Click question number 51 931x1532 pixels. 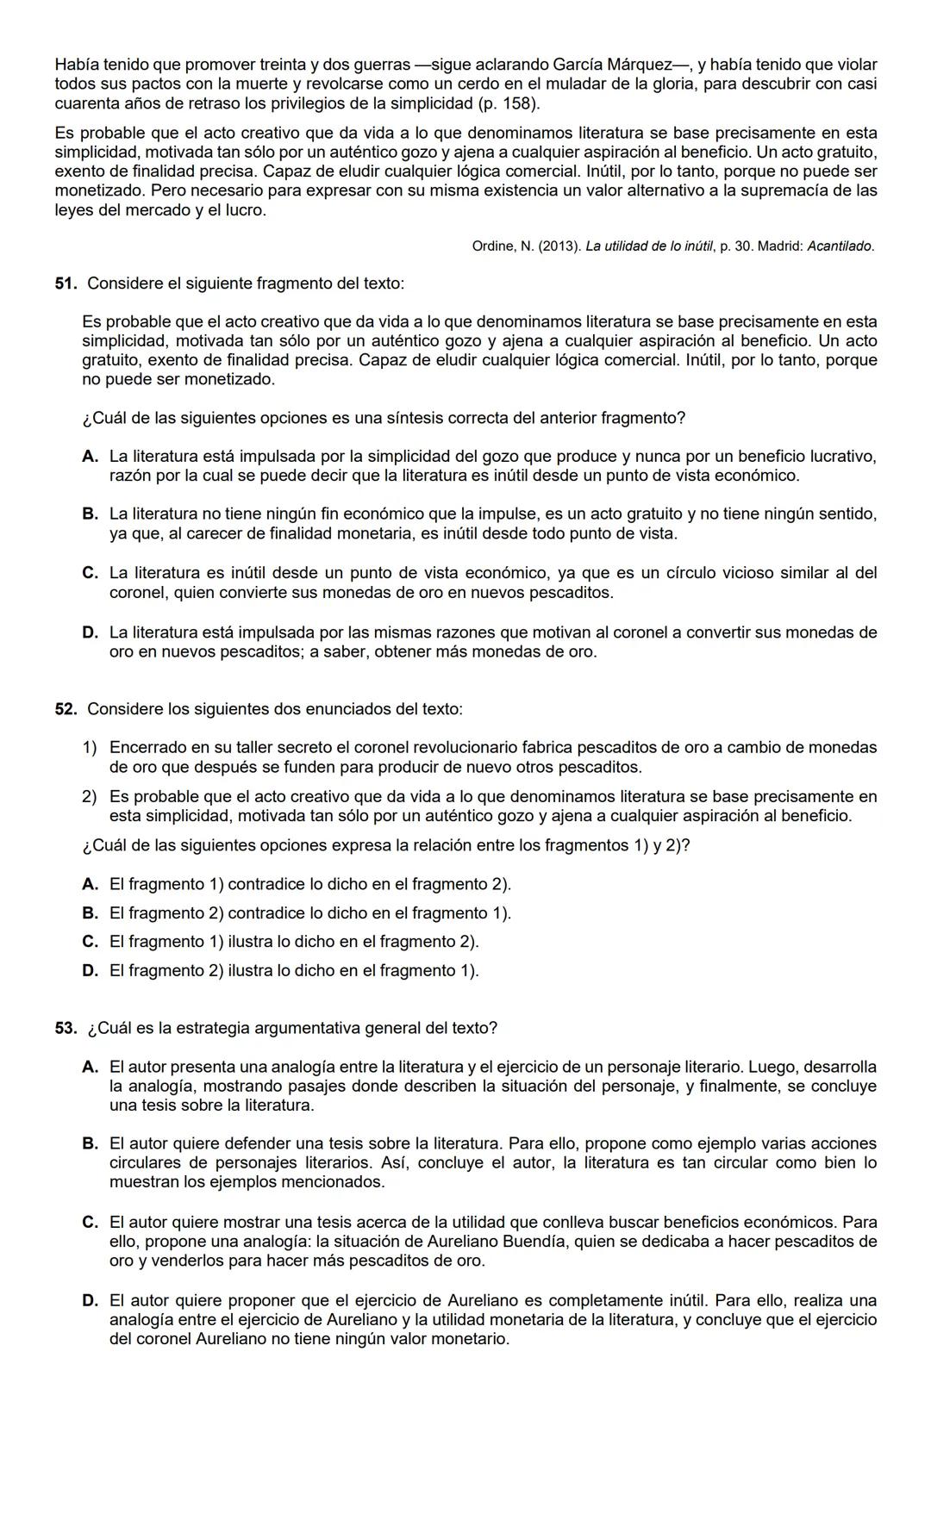click(66, 283)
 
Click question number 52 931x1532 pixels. click(66, 709)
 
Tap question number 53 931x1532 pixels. click(66, 1028)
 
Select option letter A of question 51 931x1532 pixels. click(90, 457)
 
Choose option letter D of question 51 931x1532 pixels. click(90, 632)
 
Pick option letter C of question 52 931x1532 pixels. click(90, 942)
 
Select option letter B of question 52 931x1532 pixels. click(90, 913)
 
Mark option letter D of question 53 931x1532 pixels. click(90, 1300)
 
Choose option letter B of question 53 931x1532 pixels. click(90, 1144)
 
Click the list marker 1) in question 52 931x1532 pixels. click(90, 748)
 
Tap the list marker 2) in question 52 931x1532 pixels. click(90, 797)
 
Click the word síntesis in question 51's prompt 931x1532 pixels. click(414, 419)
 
